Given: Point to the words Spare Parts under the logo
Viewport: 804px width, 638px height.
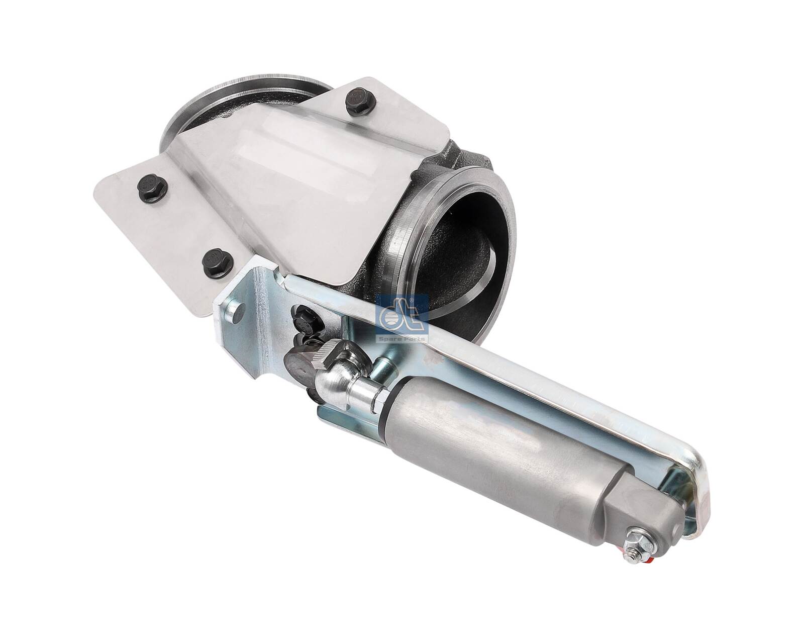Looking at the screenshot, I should coord(402,339).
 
